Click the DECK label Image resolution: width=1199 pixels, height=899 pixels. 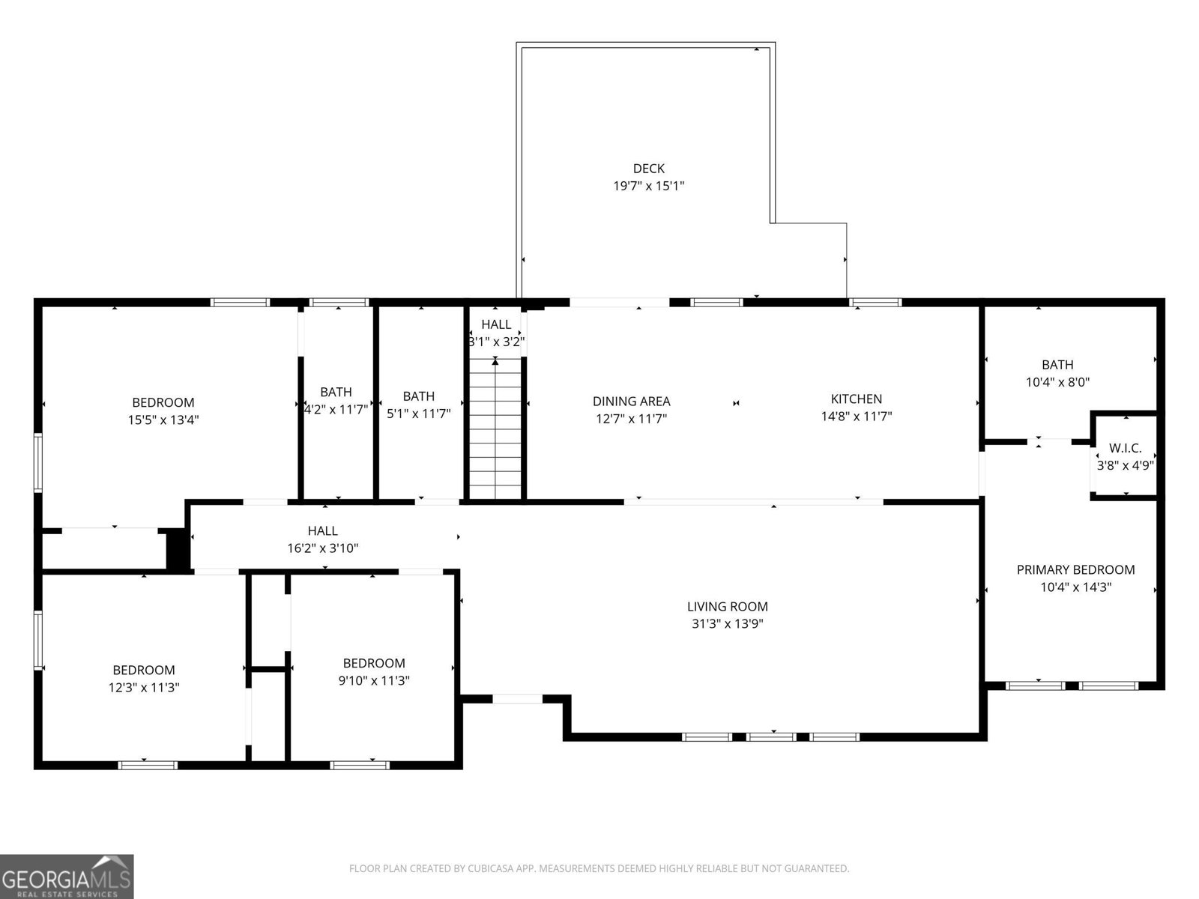(x=648, y=169)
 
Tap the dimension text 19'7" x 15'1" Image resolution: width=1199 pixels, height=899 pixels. (x=648, y=186)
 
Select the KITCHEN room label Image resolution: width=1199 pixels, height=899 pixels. (x=856, y=399)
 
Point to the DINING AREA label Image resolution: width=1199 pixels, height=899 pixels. (x=631, y=402)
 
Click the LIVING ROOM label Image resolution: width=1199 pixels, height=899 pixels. (x=727, y=607)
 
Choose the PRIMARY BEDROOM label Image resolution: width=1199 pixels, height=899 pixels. (x=1075, y=570)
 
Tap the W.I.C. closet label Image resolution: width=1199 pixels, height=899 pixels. (x=1125, y=448)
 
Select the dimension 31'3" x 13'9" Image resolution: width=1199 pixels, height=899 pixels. (x=727, y=624)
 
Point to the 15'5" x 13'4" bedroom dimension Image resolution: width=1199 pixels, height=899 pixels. (x=163, y=420)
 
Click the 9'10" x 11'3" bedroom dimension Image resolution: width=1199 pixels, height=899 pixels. (x=373, y=681)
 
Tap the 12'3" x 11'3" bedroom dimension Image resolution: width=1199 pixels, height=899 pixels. (x=144, y=688)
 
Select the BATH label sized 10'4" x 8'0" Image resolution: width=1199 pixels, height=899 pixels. (x=1057, y=365)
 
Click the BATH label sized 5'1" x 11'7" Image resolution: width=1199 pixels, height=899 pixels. (x=418, y=396)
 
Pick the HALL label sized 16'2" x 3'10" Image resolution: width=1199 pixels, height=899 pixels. (x=322, y=531)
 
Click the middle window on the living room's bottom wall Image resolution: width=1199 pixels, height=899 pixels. (x=772, y=737)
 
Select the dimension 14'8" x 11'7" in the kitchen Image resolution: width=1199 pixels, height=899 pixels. (x=856, y=417)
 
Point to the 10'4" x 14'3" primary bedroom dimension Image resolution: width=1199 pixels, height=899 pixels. (x=1075, y=587)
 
